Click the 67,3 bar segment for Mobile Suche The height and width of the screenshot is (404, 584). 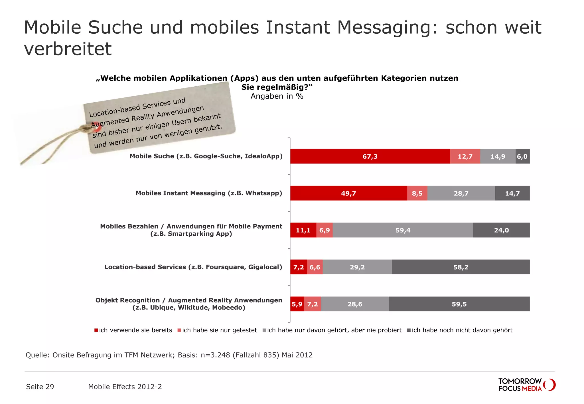click(x=370, y=156)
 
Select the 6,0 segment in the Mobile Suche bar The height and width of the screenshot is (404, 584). click(x=522, y=156)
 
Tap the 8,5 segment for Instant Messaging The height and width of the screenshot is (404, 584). click(x=417, y=193)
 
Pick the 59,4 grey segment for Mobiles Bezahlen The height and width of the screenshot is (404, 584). click(x=403, y=230)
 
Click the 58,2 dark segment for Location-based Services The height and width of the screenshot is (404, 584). click(x=461, y=267)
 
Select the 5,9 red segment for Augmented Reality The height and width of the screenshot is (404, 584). click(x=297, y=304)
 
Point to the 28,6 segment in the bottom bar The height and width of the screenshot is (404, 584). click(x=354, y=304)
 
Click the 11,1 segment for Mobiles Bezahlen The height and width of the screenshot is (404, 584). click(x=303, y=230)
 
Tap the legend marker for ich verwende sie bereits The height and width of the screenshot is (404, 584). click(x=96, y=330)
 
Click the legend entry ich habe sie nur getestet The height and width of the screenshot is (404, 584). click(x=219, y=330)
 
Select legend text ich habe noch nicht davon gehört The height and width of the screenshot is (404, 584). click(x=462, y=330)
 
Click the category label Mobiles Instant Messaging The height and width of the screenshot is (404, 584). click(x=209, y=193)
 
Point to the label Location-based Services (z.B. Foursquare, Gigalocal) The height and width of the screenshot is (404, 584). click(x=193, y=267)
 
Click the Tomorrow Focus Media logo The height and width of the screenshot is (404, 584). click(x=526, y=385)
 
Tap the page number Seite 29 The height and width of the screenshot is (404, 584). click(x=40, y=387)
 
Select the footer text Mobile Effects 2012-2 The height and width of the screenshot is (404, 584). click(x=125, y=387)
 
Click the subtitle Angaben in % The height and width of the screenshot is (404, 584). click(x=277, y=96)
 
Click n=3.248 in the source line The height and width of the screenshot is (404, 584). click(x=215, y=355)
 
